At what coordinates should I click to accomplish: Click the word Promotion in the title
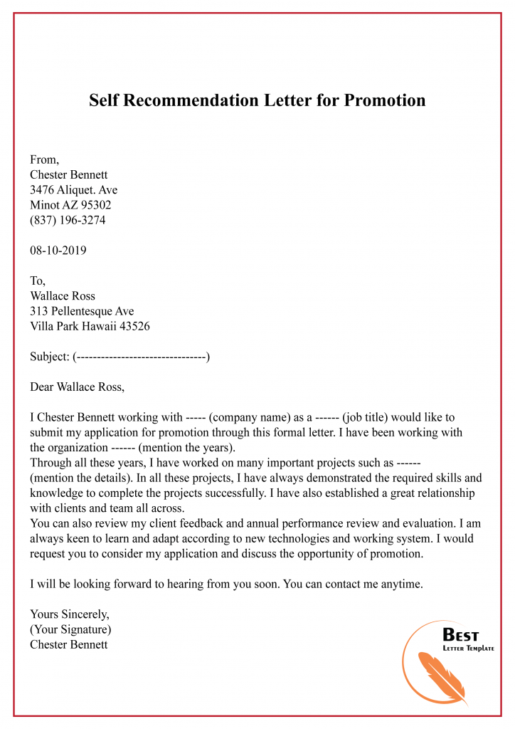(385, 100)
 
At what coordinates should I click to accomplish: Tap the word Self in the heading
(105, 100)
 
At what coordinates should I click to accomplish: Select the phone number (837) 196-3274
(68, 220)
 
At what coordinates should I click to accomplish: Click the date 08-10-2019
(58, 251)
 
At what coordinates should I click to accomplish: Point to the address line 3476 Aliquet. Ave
(74, 190)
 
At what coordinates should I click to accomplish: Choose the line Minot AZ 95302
(70, 205)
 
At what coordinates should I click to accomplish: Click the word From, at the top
(45, 160)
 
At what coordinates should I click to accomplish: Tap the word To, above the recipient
(38, 281)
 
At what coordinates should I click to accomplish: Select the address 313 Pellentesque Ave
(82, 311)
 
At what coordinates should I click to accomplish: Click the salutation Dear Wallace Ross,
(77, 387)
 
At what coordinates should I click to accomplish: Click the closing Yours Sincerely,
(69, 614)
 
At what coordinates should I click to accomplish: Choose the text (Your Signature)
(70, 629)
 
